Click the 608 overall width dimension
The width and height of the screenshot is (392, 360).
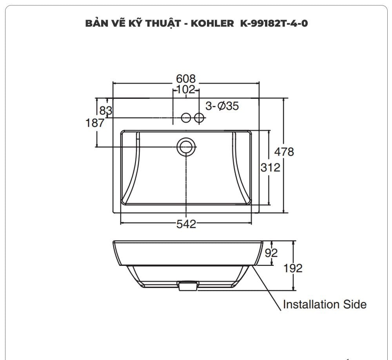point(186,78)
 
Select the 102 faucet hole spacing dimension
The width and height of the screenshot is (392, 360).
point(186,90)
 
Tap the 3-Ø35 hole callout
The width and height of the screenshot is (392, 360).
point(222,105)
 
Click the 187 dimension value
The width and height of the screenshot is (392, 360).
point(95,123)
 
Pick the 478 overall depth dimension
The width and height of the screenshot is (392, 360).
point(283,151)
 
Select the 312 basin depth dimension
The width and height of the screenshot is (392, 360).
point(270,167)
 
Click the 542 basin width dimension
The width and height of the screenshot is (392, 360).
point(186,224)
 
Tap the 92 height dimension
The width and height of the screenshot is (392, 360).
point(271,253)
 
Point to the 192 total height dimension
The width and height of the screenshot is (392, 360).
point(293,268)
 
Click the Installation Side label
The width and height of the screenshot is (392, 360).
point(325,304)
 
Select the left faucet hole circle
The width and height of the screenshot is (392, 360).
point(186,117)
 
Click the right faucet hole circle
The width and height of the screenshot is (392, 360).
point(199,117)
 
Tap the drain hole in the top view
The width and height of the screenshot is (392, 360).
point(186,146)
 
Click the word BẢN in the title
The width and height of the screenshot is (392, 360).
point(95,24)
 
